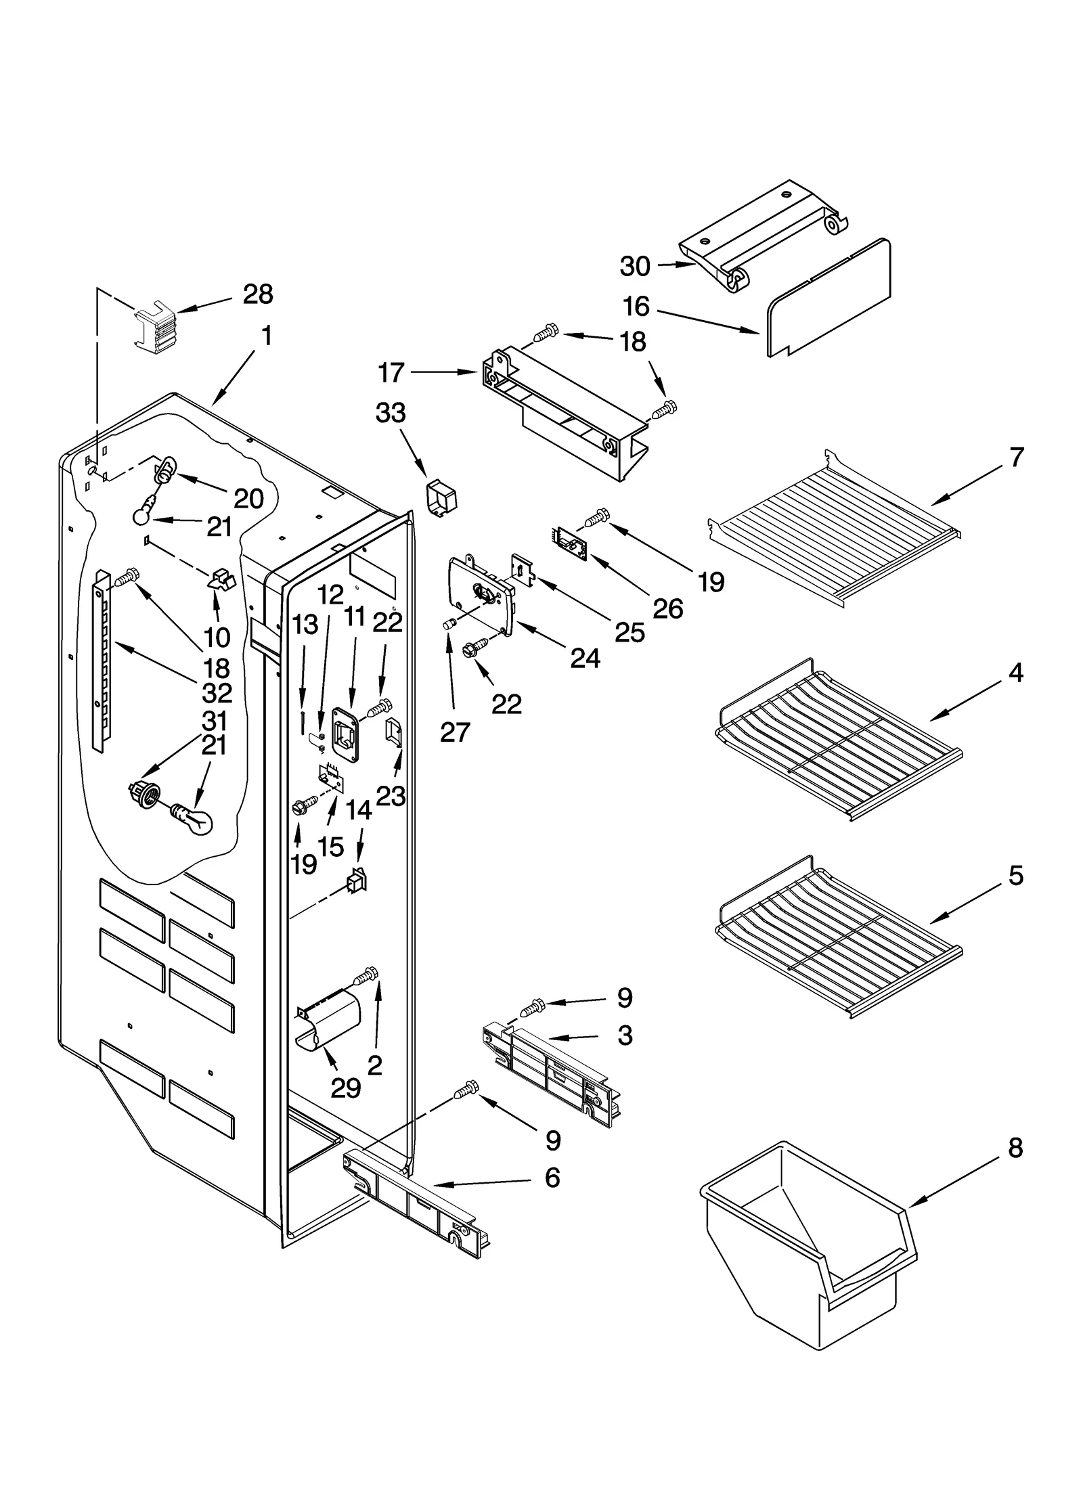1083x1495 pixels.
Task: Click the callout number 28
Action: coord(258,294)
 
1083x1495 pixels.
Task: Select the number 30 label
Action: coord(634,267)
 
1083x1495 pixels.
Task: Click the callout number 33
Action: coord(391,413)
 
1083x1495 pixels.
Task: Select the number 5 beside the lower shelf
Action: coord(1015,876)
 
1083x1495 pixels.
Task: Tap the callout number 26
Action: coord(667,609)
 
